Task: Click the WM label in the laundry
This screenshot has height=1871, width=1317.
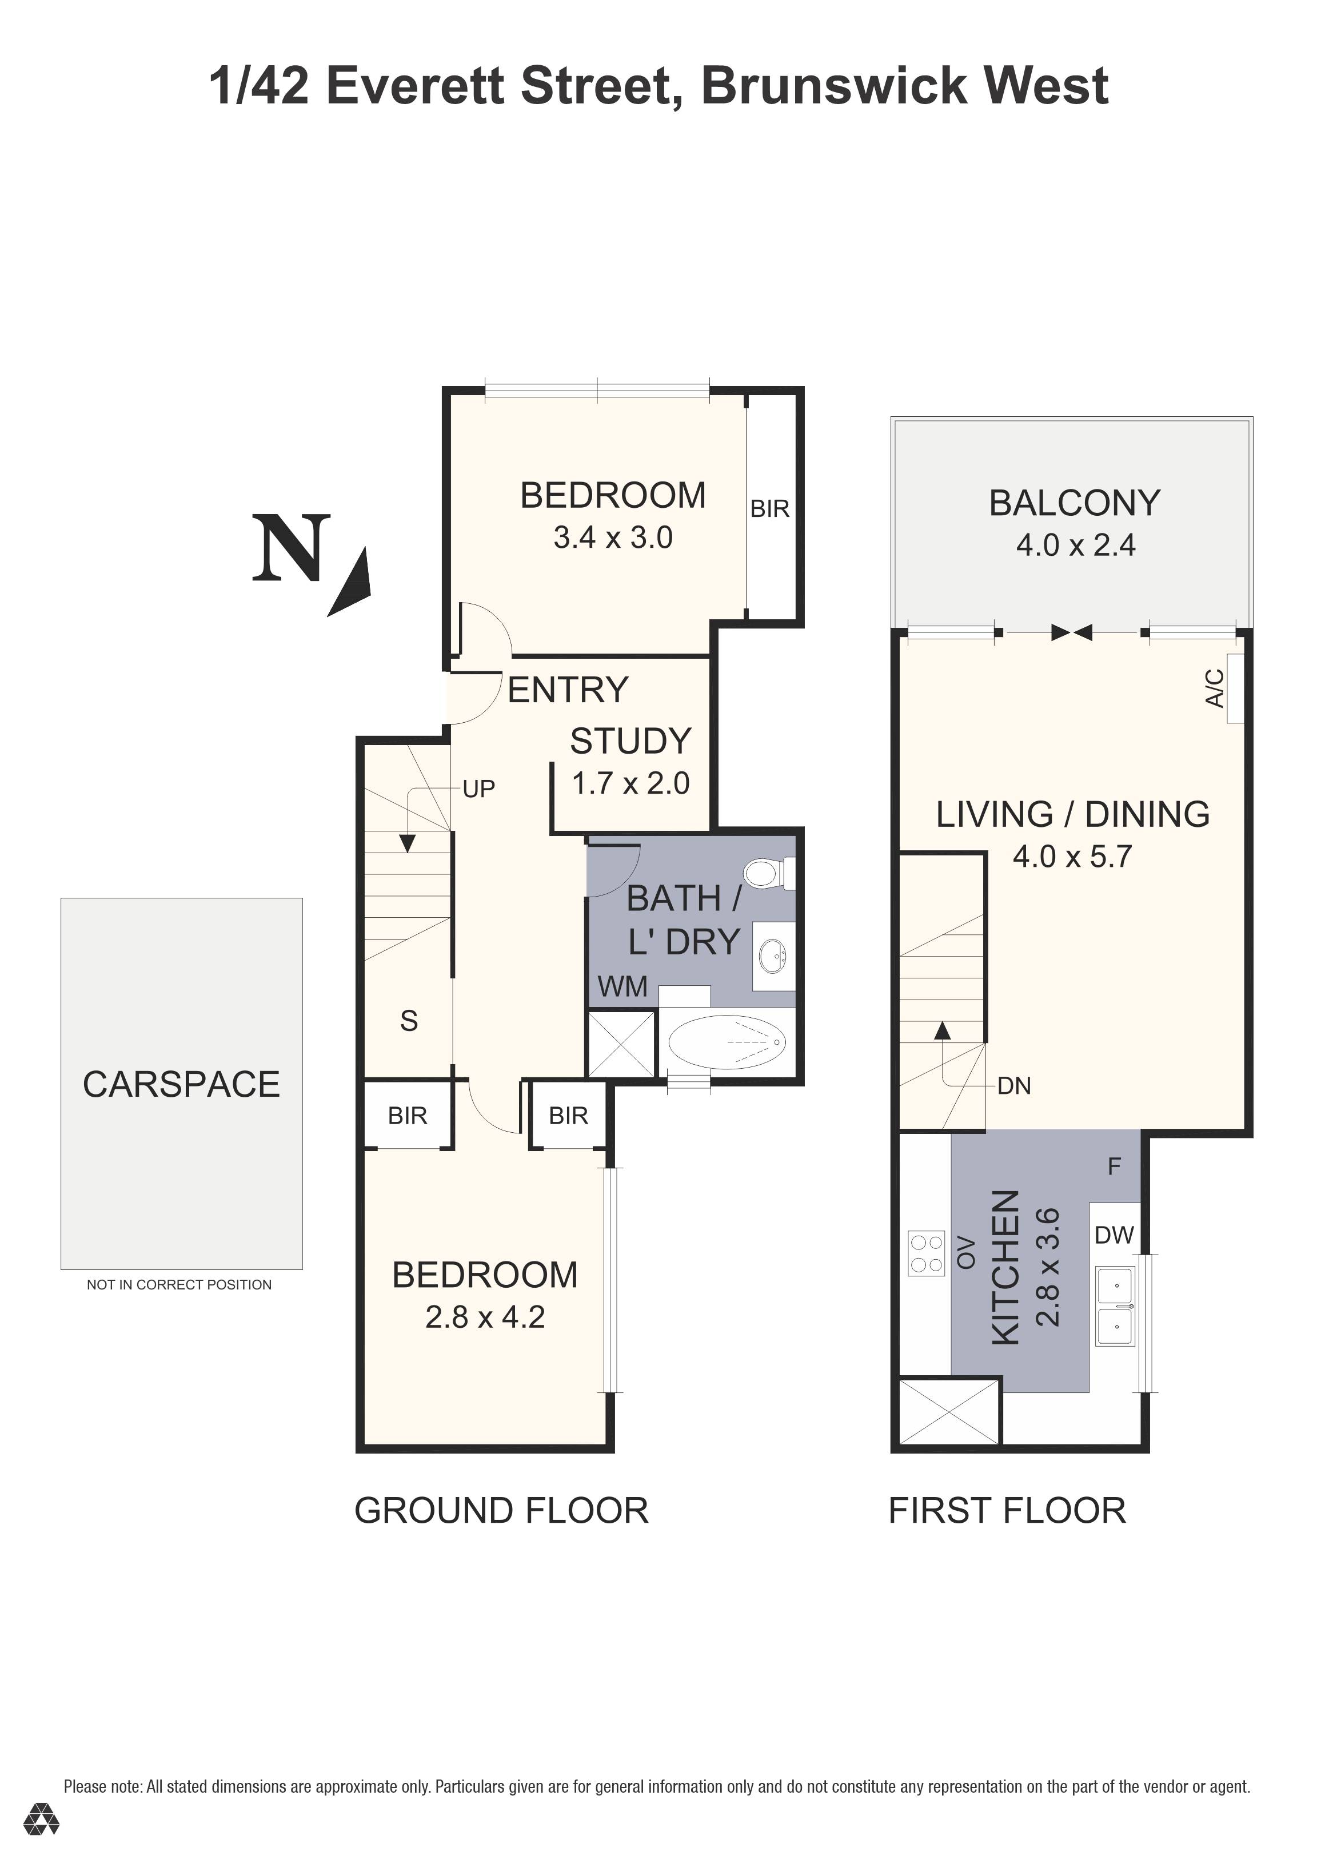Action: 622,987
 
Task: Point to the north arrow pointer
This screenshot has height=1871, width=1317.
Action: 352,583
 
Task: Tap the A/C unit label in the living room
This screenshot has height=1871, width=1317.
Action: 1214,688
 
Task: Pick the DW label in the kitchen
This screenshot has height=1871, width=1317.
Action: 1114,1235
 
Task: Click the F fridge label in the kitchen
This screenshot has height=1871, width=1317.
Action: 1114,1167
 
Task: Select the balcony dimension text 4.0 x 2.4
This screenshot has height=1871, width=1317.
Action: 1075,545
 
